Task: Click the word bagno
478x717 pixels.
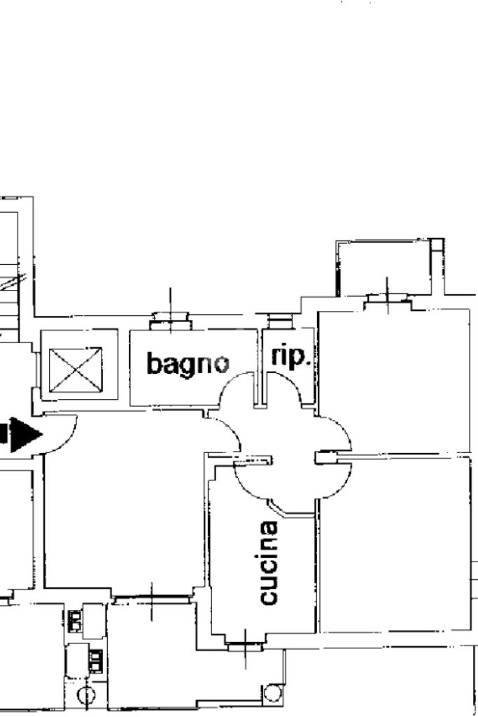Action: (187, 363)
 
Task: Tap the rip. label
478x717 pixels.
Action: (290, 356)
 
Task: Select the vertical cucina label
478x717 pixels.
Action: (269, 562)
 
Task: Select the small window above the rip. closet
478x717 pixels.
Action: (281, 322)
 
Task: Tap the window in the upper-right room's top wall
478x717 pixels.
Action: (387, 299)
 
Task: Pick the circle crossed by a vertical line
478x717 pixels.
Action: (86, 696)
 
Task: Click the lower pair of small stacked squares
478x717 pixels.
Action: (96, 659)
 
